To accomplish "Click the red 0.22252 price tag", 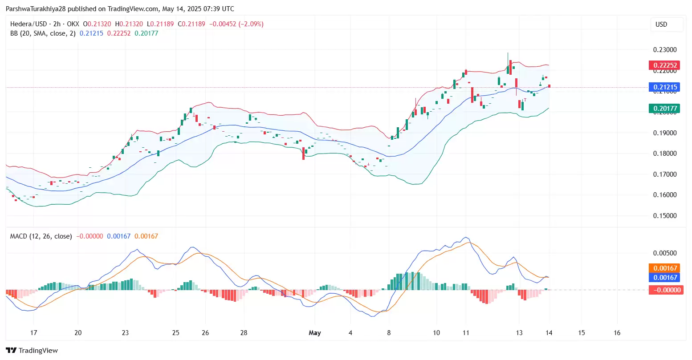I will click(x=664, y=65).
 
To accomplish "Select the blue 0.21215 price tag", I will click(x=664, y=87).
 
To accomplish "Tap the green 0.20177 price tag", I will click(x=664, y=108).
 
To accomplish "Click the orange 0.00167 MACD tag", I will click(x=666, y=268).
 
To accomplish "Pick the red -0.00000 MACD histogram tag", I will click(x=666, y=290).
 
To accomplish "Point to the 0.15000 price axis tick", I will click(x=664, y=216).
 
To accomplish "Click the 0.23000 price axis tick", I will click(x=664, y=50).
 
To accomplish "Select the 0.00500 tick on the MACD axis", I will click(x=664, y=253).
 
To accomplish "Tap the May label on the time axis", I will click(x=315, y=333).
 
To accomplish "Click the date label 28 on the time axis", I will click(x=244, y=333).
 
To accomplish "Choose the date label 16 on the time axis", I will click(x=617, y=333).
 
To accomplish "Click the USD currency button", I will click(x=661, y=24).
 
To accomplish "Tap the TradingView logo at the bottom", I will click(x=32, y=351).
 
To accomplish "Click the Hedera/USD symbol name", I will click(x=28, y=24).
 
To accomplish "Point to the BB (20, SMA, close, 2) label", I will click(x=43, y=33).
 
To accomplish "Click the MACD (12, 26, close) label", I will click(x=41, y=236).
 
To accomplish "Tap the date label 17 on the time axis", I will click(x=33, y=333).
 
